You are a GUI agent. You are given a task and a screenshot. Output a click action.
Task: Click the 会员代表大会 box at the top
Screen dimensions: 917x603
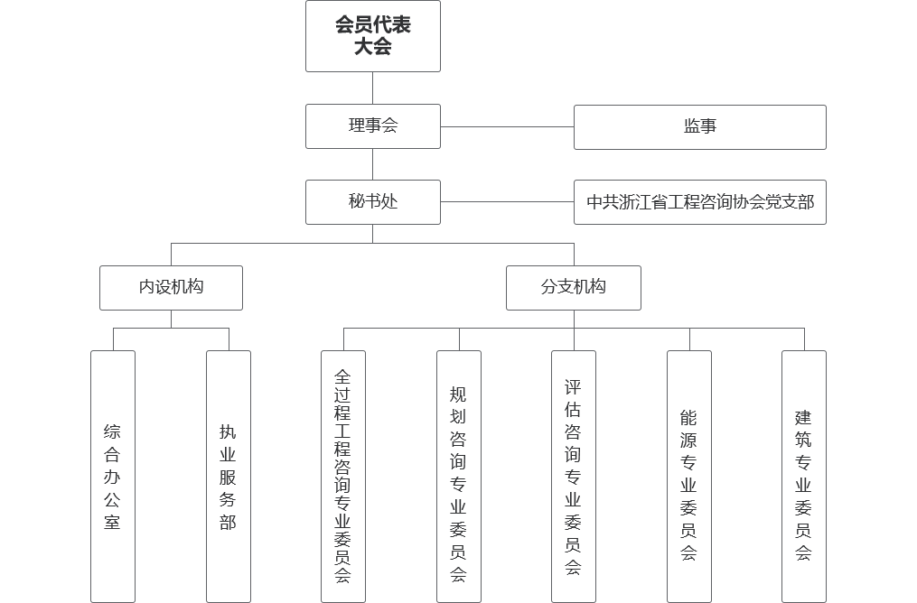click(x=372, y=36)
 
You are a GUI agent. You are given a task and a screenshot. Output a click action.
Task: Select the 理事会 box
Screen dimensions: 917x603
click(x=372, y=126)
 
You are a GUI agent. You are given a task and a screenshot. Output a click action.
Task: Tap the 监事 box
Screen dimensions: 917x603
click(x=700, y=127)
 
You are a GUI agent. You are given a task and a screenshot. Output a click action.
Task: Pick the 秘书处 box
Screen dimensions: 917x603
click(x=372, y=202)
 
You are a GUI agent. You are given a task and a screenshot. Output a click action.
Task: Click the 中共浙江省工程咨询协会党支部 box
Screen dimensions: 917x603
click(x=700, y=202)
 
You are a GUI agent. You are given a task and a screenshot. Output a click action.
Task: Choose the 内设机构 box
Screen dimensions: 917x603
click(x=171, y=288)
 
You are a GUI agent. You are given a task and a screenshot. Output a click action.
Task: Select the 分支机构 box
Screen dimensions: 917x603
click(x=573, y=288)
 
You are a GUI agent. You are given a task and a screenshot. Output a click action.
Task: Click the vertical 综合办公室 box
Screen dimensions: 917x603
click(x=113, y=477)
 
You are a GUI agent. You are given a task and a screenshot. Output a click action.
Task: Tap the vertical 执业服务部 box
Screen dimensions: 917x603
click(x=228, y=477)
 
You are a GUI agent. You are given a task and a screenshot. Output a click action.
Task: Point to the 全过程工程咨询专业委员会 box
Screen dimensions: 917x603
click(x=343, y=477)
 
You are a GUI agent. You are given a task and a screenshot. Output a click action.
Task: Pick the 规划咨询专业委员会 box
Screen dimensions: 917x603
click(x=459, y=477)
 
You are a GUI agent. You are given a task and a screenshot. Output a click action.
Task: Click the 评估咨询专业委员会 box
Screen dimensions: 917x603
click(x=573, y=477)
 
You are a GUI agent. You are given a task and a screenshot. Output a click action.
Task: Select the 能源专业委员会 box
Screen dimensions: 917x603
click(x=689, y=477)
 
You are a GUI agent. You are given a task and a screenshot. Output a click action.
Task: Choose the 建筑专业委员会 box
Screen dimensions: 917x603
click(x=803, y=477)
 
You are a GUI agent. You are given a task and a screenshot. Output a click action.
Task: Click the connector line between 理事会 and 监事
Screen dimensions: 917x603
click(x=507, y=126)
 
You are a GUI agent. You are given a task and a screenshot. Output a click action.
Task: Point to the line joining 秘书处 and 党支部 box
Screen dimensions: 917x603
click(x=507, y=202)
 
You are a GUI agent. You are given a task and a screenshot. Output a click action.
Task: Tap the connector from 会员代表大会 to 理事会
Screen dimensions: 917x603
click(x=372, y=88)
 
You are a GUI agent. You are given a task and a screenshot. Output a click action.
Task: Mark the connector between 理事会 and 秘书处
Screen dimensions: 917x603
click(x=372, y=164)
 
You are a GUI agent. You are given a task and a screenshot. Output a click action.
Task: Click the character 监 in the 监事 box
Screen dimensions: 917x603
click(x=692, y=126)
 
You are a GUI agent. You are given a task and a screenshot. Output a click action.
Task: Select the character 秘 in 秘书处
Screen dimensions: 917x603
click(x=357, y=201)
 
